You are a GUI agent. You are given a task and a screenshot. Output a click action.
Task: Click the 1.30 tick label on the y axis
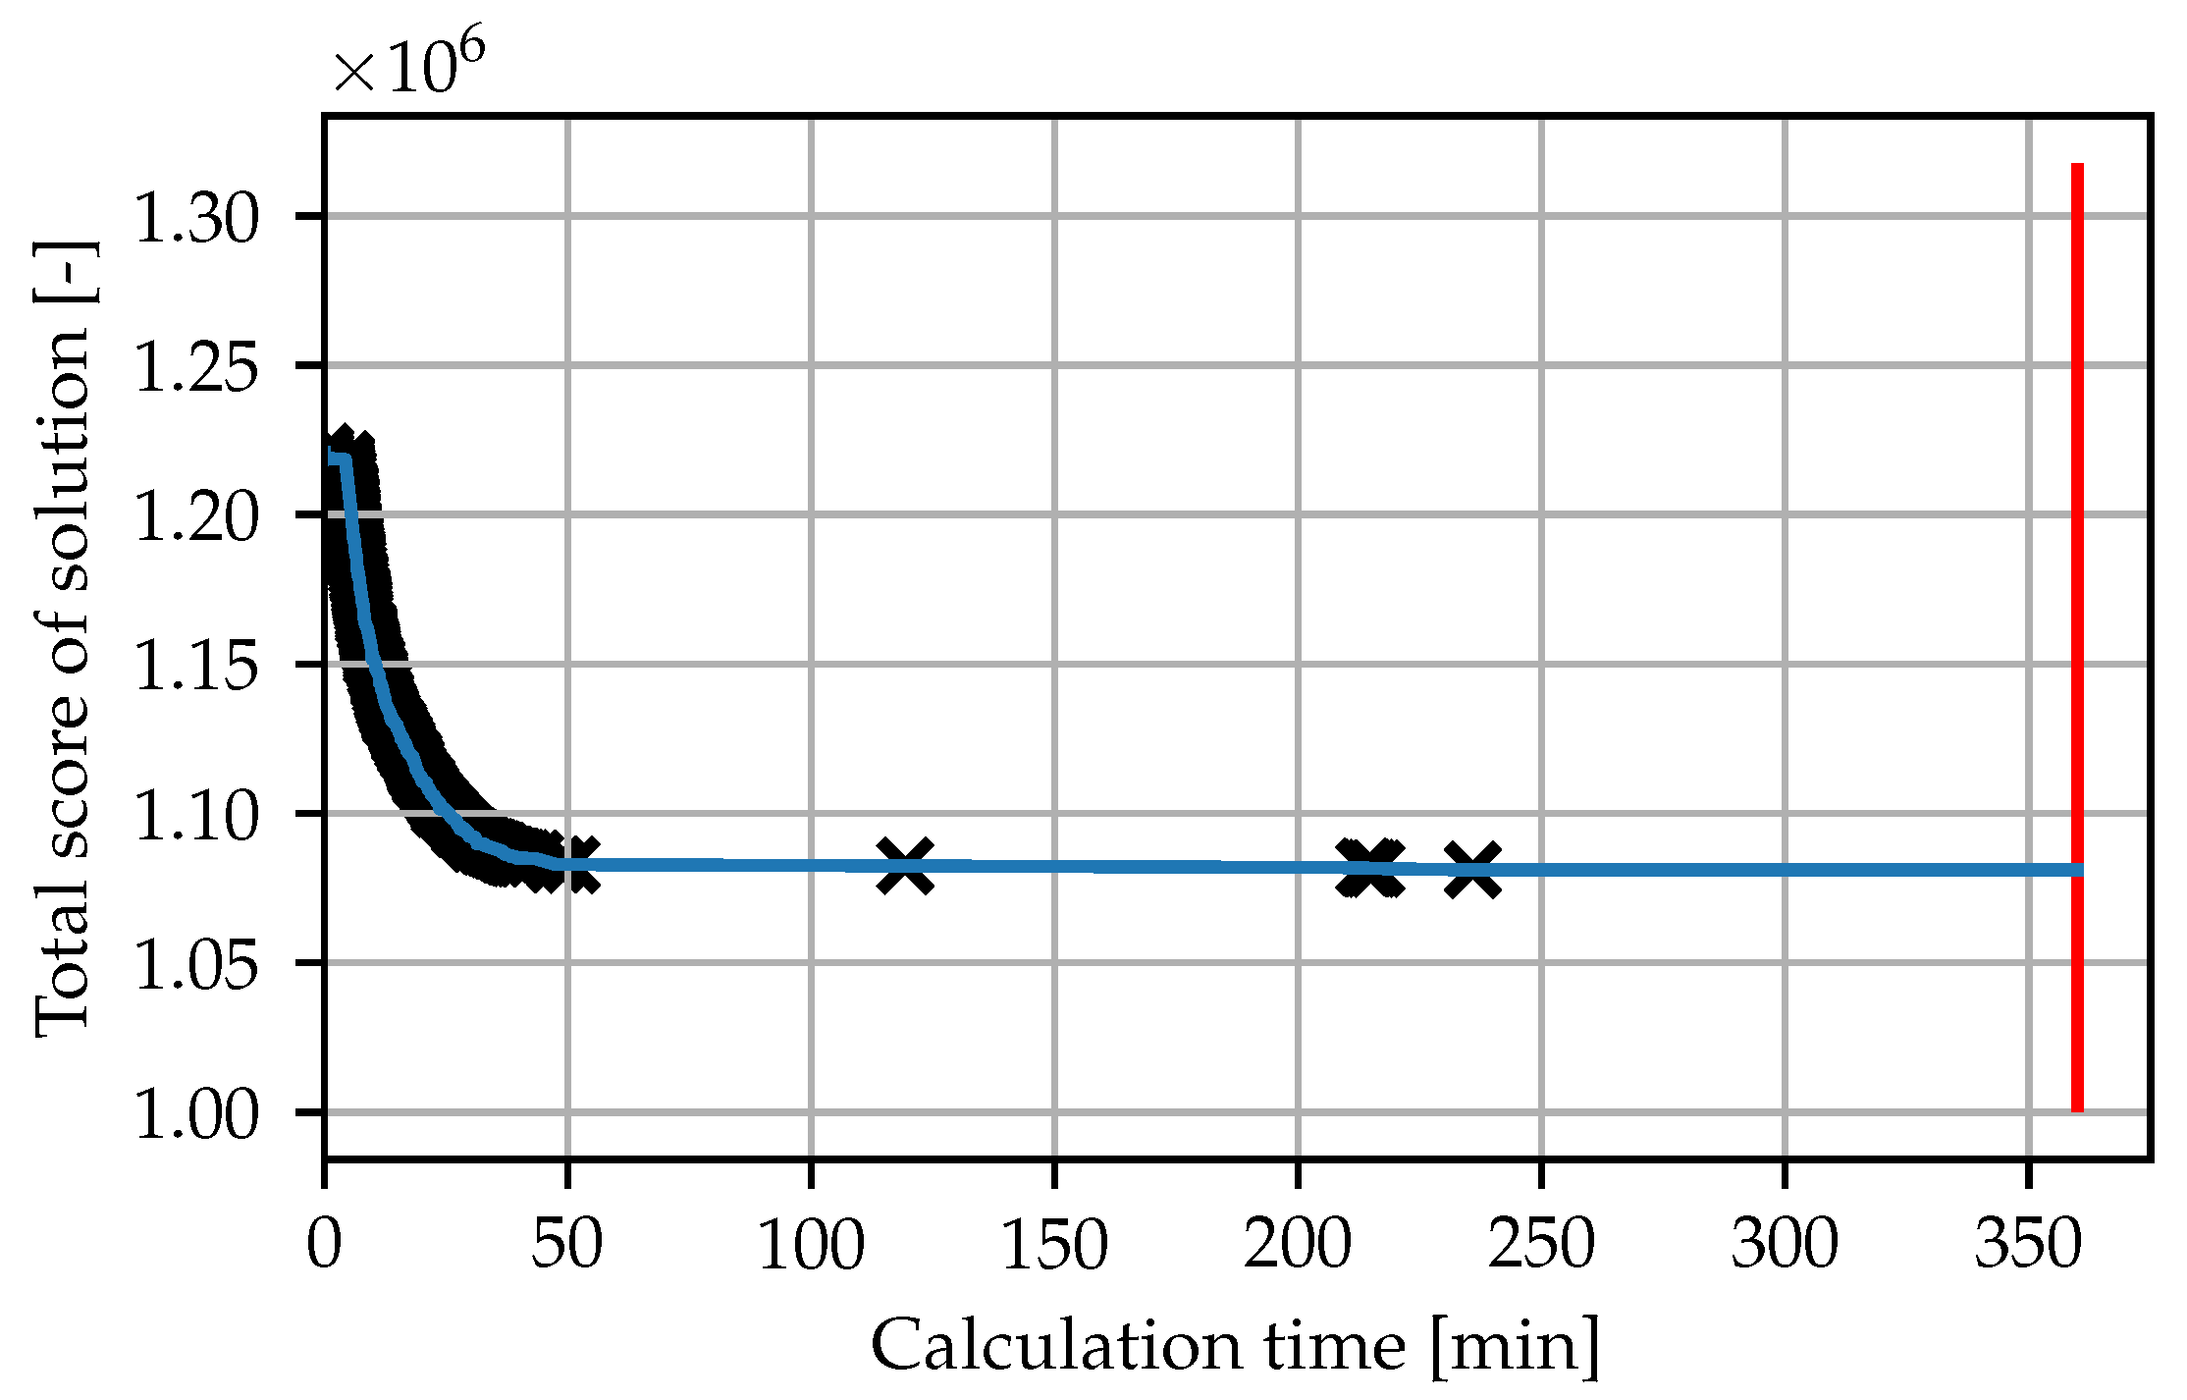(x=195, y=218)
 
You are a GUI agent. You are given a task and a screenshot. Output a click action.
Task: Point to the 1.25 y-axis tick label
(x=195, y=368)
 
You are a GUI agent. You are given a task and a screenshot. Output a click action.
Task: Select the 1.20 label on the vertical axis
(x=195, y=517)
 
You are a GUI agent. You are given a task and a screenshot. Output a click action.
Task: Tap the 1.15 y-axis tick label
(x=195, y=667)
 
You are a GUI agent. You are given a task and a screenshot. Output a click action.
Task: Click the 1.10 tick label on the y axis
(x=195, y=816)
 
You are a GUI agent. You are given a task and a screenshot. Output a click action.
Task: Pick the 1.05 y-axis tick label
(x=195, y=965)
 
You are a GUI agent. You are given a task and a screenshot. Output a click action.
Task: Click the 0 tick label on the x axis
(x=324, y=1244)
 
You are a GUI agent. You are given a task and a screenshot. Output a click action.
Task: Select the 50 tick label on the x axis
(x=567, y=1244)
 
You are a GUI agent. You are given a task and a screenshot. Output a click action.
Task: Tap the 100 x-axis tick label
(x=811, y=1244)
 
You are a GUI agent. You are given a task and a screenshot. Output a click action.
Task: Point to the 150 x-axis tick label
(x=1054, y=1244)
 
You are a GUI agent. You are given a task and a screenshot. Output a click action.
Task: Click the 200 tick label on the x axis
(x=1298, y=1244)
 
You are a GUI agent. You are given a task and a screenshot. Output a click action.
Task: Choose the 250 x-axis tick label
(x=1541, y=1244)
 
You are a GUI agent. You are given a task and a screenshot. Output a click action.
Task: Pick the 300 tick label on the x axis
(x=1784, y=1244)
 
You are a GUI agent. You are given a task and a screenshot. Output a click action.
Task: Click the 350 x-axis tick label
(x=2027, y=1244)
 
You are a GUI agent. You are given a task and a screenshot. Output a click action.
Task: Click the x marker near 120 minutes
(x=905, y=867)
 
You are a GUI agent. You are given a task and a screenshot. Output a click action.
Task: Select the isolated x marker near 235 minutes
(x=1472, y=870)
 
